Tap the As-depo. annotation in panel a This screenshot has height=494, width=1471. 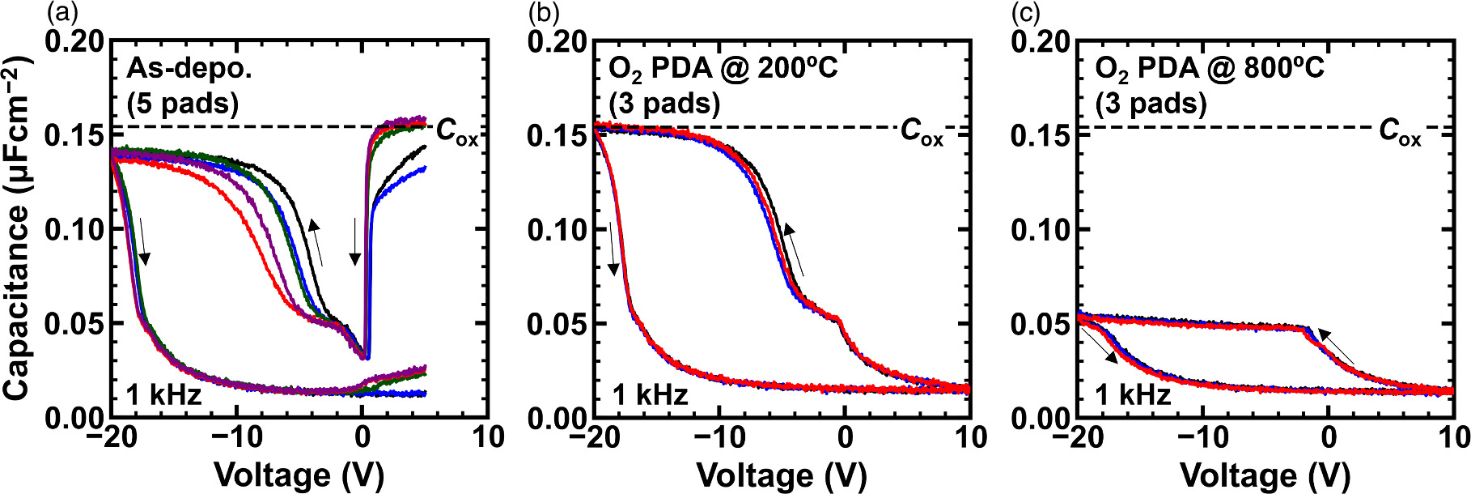tap(189, 68)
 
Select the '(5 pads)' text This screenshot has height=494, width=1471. tap(183, 104)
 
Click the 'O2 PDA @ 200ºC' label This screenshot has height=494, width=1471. tap(723, 68)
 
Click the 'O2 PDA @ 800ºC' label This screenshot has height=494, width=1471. tap(1209, 68)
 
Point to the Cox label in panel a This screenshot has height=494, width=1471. tap(457, 130)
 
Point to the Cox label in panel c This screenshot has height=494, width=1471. tap(1400, 130)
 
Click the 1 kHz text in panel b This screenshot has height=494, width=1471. tap(650, 395)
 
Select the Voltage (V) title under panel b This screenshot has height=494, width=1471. tap(781, 475)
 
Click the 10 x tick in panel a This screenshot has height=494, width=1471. tap(488, 437)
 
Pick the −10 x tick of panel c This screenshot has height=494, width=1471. tap(1202, 437)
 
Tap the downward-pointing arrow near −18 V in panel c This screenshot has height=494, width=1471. tap(1100, 345)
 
